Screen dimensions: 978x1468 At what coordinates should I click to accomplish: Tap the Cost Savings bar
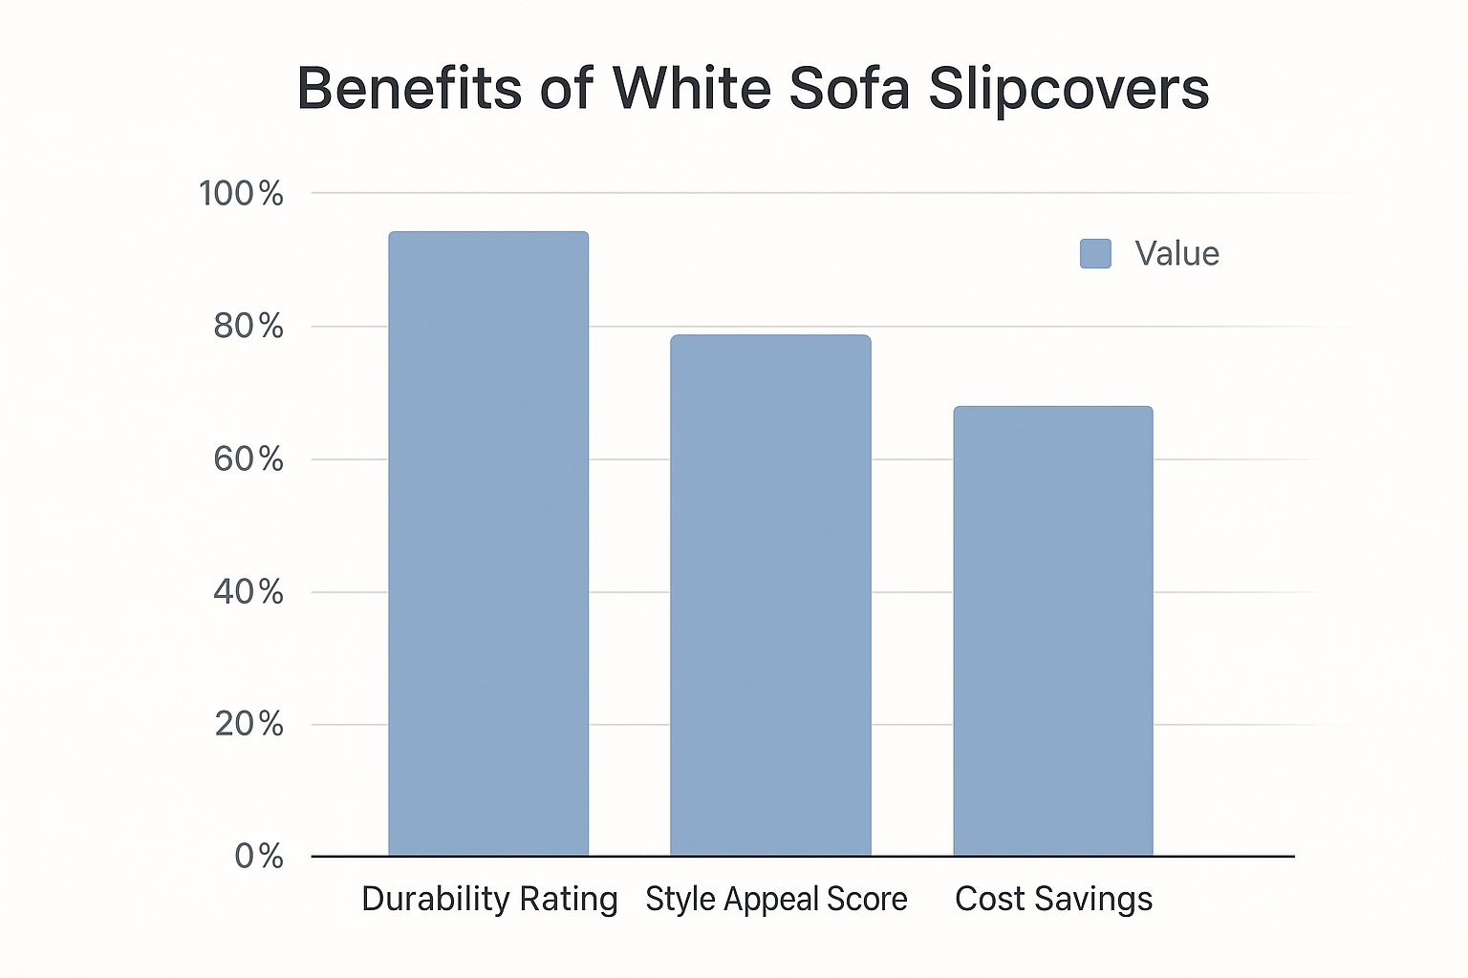click(1053, 630)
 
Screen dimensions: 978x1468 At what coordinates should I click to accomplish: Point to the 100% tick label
click(241, 194)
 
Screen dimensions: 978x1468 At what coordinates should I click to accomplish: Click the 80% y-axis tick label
click(248, 327)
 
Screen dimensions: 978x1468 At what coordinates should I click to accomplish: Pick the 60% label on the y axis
click(248, 459)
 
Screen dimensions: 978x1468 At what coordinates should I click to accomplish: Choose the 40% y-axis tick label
click(248, 592)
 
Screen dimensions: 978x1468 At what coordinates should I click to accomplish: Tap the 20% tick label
click(248, 724)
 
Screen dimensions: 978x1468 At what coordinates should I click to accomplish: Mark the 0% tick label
click(259, 856)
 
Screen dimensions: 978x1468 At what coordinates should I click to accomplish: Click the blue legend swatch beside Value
click(1095, 254)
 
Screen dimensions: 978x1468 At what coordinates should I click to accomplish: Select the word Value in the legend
click(1177, 254)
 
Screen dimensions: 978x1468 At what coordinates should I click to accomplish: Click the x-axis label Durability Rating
click(489, 900)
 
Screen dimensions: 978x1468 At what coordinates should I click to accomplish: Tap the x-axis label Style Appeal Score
click(776, 900)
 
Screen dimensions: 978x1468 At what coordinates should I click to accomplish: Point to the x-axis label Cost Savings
click(1053, 900)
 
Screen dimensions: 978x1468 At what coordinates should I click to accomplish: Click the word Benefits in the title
click(409, 89)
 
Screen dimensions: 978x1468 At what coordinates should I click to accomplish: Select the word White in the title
click(692, 89)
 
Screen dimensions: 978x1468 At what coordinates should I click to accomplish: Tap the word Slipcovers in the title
click(1069, 89)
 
